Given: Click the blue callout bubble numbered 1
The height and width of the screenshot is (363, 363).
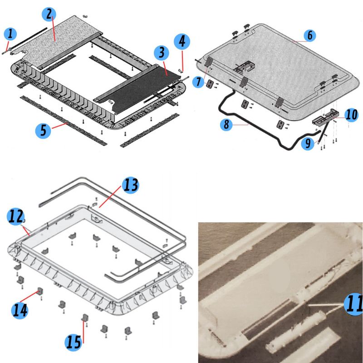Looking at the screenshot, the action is pos(10,34).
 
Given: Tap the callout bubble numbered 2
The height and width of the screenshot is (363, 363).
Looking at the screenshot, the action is pos(49,14).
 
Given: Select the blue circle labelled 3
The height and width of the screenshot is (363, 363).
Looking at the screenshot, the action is pos(162,53).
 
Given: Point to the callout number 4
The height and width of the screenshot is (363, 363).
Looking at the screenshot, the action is pos(182,42).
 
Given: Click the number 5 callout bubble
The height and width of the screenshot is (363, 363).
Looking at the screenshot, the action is pos(43,131).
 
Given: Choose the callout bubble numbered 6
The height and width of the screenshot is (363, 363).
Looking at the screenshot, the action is pos(310,35).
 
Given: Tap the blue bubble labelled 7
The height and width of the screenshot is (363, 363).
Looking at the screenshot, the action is pos(199,82).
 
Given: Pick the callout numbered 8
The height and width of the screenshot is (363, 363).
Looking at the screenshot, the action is pos(226,124).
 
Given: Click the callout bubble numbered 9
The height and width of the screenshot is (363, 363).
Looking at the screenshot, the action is pos(308,143).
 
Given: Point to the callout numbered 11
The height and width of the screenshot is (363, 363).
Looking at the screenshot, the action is pos(353,304).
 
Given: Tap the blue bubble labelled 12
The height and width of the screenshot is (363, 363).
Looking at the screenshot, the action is pos(15,216).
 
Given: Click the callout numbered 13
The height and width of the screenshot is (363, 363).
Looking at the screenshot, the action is pos(131,185).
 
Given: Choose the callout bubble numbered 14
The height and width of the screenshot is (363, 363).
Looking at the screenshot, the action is pos(20,311).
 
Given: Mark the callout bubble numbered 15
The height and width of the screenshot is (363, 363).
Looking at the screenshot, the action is pos(74,343).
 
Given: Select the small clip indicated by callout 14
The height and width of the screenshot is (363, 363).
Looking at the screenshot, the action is pos(40,291).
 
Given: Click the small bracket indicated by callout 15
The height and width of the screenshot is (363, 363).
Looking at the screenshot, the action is pos(85,318).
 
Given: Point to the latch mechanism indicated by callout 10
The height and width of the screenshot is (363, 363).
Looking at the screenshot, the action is pos(326,117).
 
